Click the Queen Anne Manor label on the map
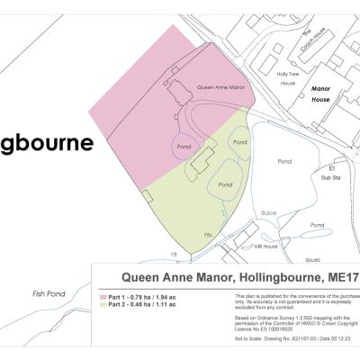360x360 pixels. pyautogui.click(x=220, y=88)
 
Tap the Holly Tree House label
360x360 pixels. pyautogui.click(x=288, y=78)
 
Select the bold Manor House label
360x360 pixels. pyautogui.click(x=321, y=94)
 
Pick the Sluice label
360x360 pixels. pyautogui.click(x=267, y=212)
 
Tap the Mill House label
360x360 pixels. pyautogui.click(x=266, y=246)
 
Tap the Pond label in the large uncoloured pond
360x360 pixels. pyautogui.click(x=284, y=162)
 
